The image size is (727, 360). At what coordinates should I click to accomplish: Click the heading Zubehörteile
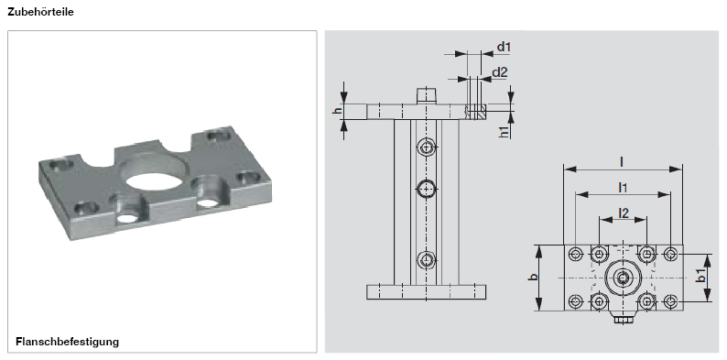coord(41,13)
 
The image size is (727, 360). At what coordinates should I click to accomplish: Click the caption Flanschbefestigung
coord(68,342)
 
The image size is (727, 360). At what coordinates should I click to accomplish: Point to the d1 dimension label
coord(503,47)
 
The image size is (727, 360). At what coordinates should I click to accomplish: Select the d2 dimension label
coord(499,71)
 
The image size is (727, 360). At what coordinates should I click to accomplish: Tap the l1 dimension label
coord(622,187)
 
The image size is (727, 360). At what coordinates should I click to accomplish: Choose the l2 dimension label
coord(623,213)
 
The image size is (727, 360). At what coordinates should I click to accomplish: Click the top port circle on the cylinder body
coord(427,147)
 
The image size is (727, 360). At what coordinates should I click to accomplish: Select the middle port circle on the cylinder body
coord(427,189)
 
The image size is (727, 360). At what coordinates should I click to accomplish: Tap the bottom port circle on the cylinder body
coord(427,259)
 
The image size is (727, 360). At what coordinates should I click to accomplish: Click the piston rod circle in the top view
coord(623,278)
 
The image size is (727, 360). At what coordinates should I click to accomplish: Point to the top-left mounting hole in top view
coord(575,254)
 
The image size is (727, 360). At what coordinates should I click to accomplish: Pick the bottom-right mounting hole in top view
coord(670,301)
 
